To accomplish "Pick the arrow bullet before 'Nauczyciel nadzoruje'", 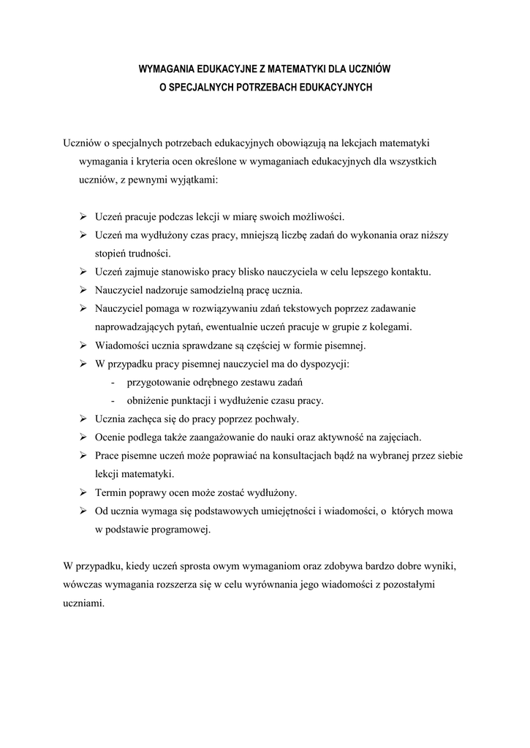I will (x=84, y=289).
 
